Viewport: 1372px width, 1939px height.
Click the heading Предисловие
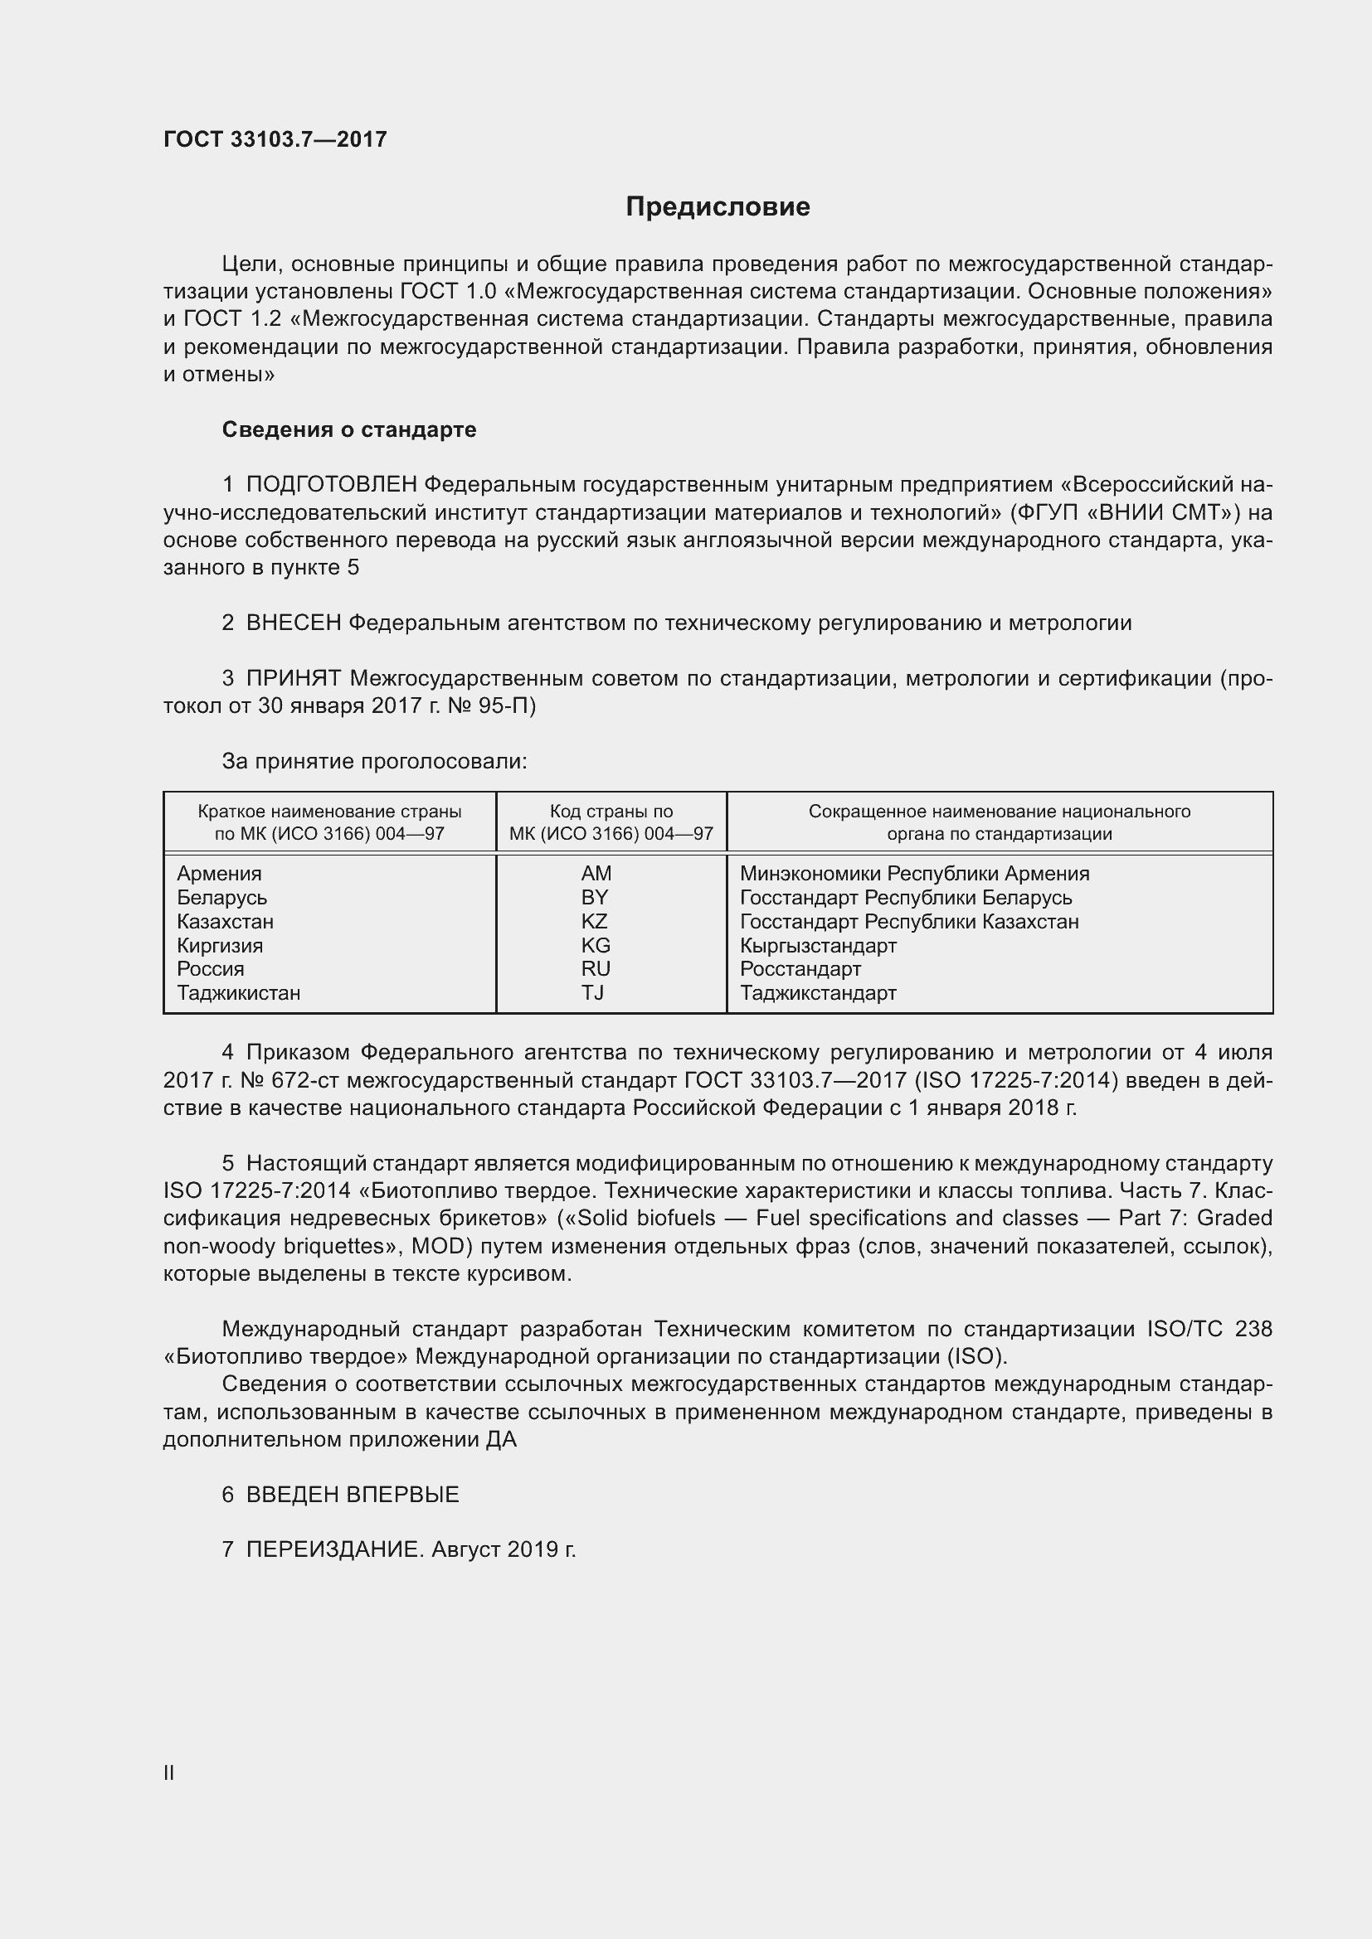point(718,207)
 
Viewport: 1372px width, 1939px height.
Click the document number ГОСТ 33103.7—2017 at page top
point(275,139)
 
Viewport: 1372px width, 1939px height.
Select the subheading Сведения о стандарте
point(349,430)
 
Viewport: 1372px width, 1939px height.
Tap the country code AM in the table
point(596,873)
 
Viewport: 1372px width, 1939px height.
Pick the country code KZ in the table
point(594,921)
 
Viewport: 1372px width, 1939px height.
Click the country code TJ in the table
point(592,992)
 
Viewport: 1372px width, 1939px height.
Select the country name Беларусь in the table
point(221,898)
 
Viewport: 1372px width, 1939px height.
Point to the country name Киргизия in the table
point(220,945)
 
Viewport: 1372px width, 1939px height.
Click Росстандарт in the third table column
point(800,968)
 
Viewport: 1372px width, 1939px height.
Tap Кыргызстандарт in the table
point(818,945)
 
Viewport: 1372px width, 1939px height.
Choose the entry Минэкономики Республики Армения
point(914,873)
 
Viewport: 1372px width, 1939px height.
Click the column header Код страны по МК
point(611,822)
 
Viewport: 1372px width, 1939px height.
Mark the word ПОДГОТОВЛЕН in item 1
point(331,485)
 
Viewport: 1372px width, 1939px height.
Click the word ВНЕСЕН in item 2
point(293,623)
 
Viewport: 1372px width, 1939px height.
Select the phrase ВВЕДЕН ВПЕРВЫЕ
point(353,1495)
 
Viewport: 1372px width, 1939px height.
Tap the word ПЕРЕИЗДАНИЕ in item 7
point(333,1549)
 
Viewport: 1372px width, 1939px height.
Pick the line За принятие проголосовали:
point(374,762)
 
